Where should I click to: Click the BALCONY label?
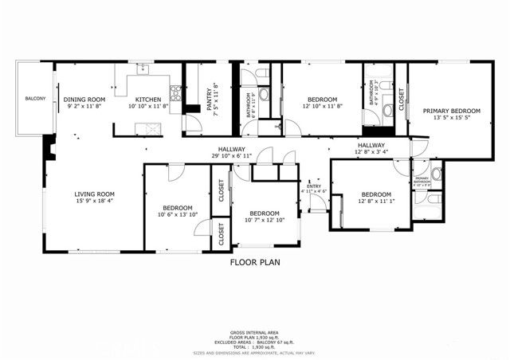click(34, 99)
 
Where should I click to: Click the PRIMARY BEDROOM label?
click(451, 111)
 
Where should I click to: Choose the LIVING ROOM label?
click(95, 194)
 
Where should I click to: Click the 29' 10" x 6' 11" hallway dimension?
click(232, 155)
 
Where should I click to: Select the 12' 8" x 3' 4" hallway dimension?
click(371, 152)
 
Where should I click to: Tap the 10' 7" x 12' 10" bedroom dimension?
click(265, 221)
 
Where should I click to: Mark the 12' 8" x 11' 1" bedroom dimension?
click(375, 202)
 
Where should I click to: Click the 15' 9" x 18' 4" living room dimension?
click(95, 201)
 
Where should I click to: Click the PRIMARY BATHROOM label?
click(422, 181)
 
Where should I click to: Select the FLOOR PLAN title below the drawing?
click(255, 261)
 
